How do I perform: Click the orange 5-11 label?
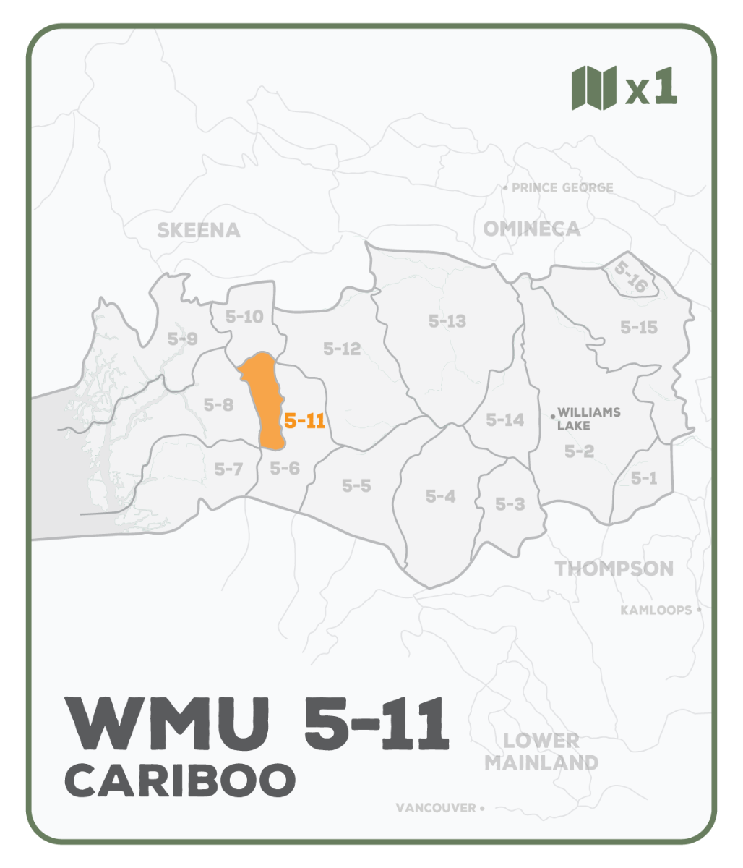pos(304,421)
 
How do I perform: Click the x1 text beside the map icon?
pos(652,88)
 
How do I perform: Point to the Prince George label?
pos(562,188)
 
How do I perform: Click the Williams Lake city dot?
pos(553,416)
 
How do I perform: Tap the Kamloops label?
pos(656,610)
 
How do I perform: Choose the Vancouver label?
pos(436,808)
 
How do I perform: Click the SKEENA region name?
pos(198,231)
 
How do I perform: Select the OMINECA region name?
pos(531,229)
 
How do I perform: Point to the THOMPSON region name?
pos(614,569)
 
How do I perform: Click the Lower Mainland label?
pos(541,752)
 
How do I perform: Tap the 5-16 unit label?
pos(630,276)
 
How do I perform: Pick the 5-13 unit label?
pos(447,321)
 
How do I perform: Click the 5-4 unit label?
pos(440,496)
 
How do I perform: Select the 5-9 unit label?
pos(182,338)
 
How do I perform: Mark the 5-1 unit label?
pos(643,477)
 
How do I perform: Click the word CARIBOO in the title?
pos(181,779)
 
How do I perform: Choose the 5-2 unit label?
pos(579,451)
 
